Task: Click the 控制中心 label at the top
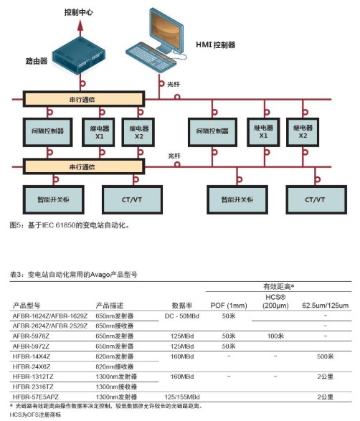(79, 12)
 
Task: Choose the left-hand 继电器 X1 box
(99, 131)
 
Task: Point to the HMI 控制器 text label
(216, 44)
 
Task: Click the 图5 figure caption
(69, 225)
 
